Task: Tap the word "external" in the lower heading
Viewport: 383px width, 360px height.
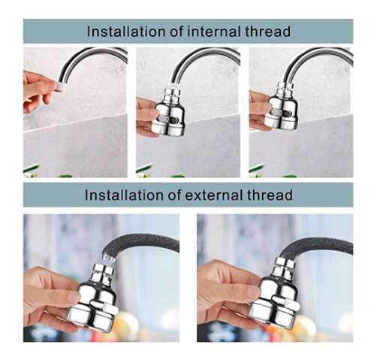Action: click(x=215, y=195)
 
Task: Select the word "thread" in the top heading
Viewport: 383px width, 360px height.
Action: click(x=268, y=32)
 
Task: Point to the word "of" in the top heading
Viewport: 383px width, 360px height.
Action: click(x=177, y=32)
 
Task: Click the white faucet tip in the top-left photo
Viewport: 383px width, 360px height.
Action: click(x=61, y=86)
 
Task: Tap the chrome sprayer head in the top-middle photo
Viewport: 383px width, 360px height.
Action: click(x=168, y=115)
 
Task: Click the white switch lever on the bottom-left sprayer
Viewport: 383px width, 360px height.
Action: click(x=104, y=307)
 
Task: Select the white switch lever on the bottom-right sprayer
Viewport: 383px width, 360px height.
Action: click(x=287, y=301)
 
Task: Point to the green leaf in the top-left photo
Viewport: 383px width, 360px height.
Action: click(x=31, y=168)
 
